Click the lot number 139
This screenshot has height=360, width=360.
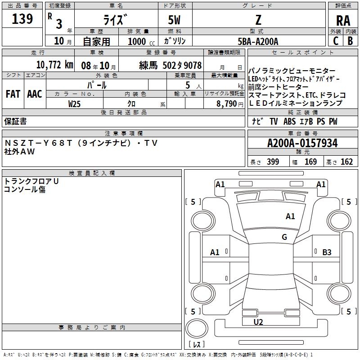coord(22,19)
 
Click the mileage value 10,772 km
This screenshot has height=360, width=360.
coord(54,64)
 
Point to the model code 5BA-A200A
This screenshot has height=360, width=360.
coord(258,41)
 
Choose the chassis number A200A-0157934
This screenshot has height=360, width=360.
coord(302,143)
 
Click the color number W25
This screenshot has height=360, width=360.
coord(75,103)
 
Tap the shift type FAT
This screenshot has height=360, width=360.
coord(13,94)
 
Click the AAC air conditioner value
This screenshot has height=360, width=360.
coord(34,94)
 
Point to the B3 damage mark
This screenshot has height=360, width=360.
coord(327,252)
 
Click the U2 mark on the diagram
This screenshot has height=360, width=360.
coord(258,322)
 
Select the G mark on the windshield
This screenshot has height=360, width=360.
coord(284,237)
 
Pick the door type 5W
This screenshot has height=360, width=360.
coord(175,20)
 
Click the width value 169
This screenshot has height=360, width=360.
coord(310,162)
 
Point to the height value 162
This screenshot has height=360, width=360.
coord(346,162)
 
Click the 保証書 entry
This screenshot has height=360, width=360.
coord(15,121)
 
